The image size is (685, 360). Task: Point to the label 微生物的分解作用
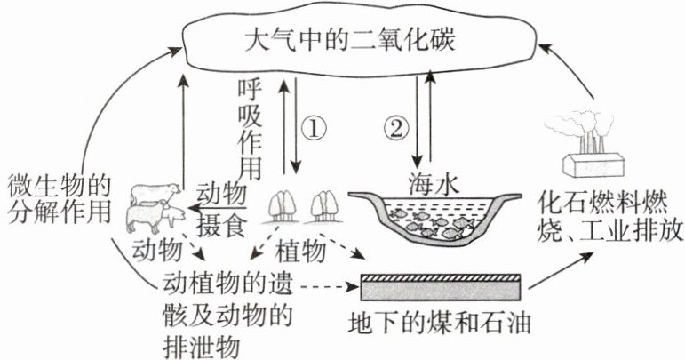[58, 200]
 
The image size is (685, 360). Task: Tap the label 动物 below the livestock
[156, 246]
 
